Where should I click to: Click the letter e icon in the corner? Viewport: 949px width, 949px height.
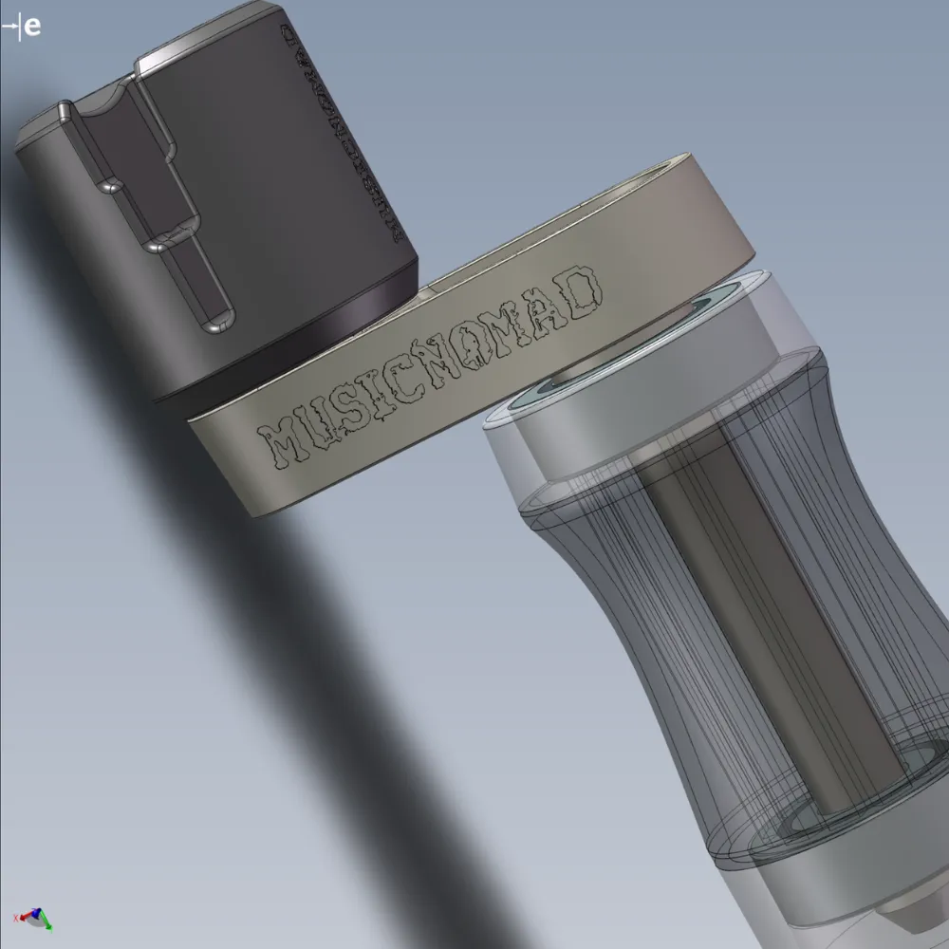32,26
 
